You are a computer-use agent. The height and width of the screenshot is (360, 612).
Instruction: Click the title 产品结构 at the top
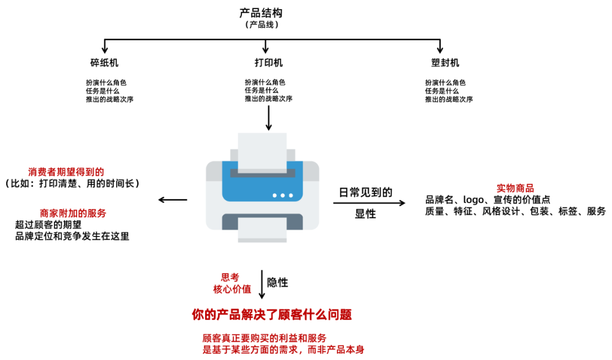(x=261, y=12)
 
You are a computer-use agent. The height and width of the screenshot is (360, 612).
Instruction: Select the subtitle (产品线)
(x=261, y=25)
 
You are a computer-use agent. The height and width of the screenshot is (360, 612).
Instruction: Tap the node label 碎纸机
(x=104, y=63)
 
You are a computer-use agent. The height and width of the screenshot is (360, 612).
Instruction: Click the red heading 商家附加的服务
(x=73, y=213)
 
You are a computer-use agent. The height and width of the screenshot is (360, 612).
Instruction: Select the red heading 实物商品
(x=515, y=188)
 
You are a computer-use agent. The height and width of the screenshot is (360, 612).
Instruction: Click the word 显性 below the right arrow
(x=365, y=214)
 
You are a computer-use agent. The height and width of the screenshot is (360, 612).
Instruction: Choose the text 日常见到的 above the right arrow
(x=365, y=192)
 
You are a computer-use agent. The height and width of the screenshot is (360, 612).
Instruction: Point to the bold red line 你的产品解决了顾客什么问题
(x=276, y=314)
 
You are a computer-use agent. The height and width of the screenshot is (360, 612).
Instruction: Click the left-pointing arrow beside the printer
(x=172, y=199)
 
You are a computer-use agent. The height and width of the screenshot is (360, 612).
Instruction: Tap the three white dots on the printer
(x=283, y=195)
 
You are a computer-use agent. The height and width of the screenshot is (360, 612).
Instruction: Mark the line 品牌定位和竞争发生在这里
(x=73, y=236)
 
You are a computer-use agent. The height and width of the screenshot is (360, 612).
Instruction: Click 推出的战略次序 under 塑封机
(x=449, y=99)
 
